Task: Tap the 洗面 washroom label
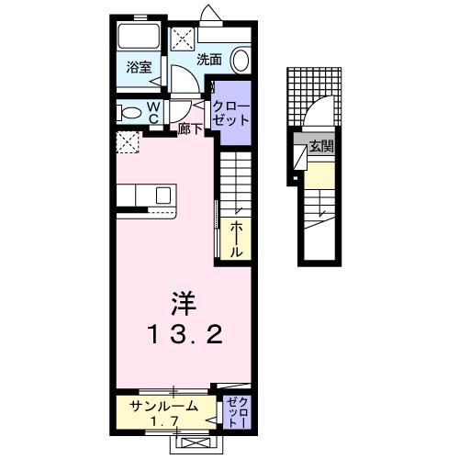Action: coord(210,61)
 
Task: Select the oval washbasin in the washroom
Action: coord(240,61)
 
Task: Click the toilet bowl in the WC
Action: coord(128,113)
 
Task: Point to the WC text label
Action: coord(154,112)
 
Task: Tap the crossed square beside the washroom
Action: coord(181,39)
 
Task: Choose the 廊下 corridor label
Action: coord(190,129)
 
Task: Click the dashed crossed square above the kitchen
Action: coord(129,142)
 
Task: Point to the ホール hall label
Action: coord(236,239)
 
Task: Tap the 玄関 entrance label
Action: coord(320,146)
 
